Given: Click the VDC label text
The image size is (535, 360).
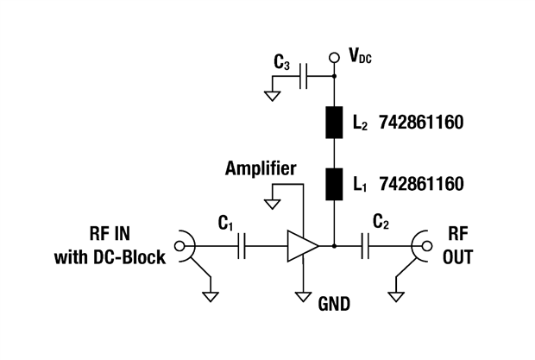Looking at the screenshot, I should (362, 58).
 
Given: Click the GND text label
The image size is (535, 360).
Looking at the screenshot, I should (335, 304).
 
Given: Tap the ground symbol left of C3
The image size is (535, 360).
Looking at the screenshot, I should (272, 95).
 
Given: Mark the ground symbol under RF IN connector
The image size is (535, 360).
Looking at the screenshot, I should (210, 295).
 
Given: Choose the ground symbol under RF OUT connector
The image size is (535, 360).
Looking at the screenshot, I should (395, 295).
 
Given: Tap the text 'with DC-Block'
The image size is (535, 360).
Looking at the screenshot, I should (110, 256).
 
